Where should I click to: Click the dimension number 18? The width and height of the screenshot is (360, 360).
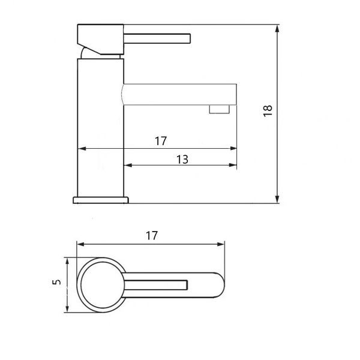coord(268,111)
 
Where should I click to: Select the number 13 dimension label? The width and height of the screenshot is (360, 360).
coord(182,160)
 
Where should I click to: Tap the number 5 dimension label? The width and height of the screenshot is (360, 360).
coord(57,282)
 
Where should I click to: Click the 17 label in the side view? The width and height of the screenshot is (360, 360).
coord(161,141)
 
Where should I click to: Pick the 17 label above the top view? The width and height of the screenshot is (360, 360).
coord(152,236)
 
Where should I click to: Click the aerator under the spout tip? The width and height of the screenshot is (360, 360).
coord(220,109)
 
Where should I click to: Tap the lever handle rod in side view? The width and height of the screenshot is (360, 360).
coord(157,38)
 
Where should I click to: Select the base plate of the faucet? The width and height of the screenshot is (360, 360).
coord(101,200)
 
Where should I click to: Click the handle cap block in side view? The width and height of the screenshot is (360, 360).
coord(101,39)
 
